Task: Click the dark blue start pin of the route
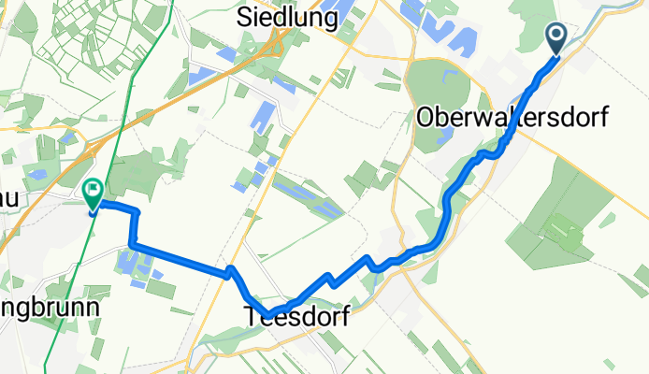pos(556,38)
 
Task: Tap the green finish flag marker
pos(94,194)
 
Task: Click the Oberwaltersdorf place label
pos(512,118)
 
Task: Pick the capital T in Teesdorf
pos(253,317)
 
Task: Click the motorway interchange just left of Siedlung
pos(277,42)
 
